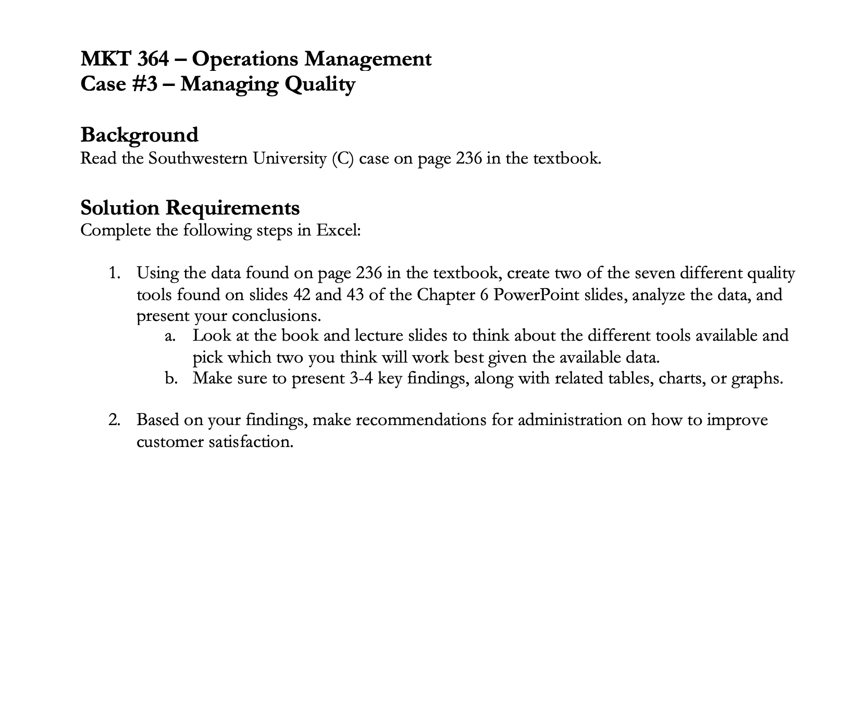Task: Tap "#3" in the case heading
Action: pos(142,84)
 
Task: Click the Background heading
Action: pos(139,135)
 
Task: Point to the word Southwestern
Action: pos(197,158)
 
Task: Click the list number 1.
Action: pos(114,273)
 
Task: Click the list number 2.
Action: pos(114,420)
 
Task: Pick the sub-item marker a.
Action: pos(169,336)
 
